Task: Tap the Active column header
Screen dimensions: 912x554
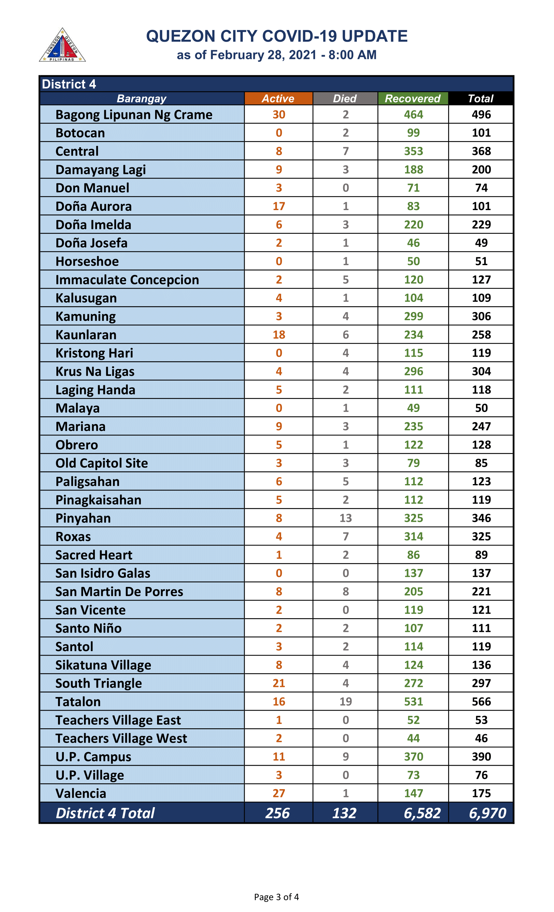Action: coord(278,98)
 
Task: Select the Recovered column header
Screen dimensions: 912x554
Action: coord(413,98)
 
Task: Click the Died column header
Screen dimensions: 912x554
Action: coord(345,98)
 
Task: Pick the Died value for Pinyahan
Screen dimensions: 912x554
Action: coord(345,518)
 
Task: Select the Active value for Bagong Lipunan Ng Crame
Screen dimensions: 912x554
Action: coord(279,115)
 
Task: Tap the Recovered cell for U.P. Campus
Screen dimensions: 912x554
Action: coord(413,757)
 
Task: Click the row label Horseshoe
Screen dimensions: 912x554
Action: coord(87,261)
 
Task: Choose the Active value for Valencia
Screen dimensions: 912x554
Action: coord(279,793)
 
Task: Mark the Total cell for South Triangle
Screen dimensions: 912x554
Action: coord(481,683)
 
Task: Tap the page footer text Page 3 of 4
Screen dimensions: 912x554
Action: coord(276,897)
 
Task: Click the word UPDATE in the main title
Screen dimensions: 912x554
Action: coord(374,36)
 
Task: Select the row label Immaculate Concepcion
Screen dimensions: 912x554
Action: coord(127,280)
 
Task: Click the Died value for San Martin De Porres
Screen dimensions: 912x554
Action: coord(345,591)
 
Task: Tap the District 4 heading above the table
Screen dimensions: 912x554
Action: coord(69,84)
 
